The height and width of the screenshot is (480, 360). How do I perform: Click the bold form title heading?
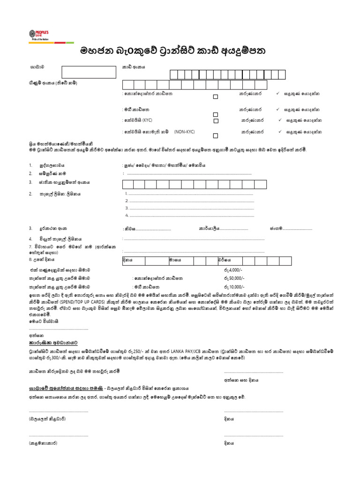click(x=180, y=50)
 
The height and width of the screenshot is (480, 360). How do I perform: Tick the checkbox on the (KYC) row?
click(x=216, y=120)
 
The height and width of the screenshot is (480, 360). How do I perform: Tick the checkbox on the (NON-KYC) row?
click(x=216, y=136)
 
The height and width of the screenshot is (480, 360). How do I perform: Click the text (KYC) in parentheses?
click(x=148, y=120)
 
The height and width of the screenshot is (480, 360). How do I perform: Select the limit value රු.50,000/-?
click(x=234, y=278)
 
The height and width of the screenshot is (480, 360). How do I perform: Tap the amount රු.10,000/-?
click(x=234, y=286)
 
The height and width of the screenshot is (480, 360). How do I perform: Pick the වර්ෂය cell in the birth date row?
click(x=225, y=260)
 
